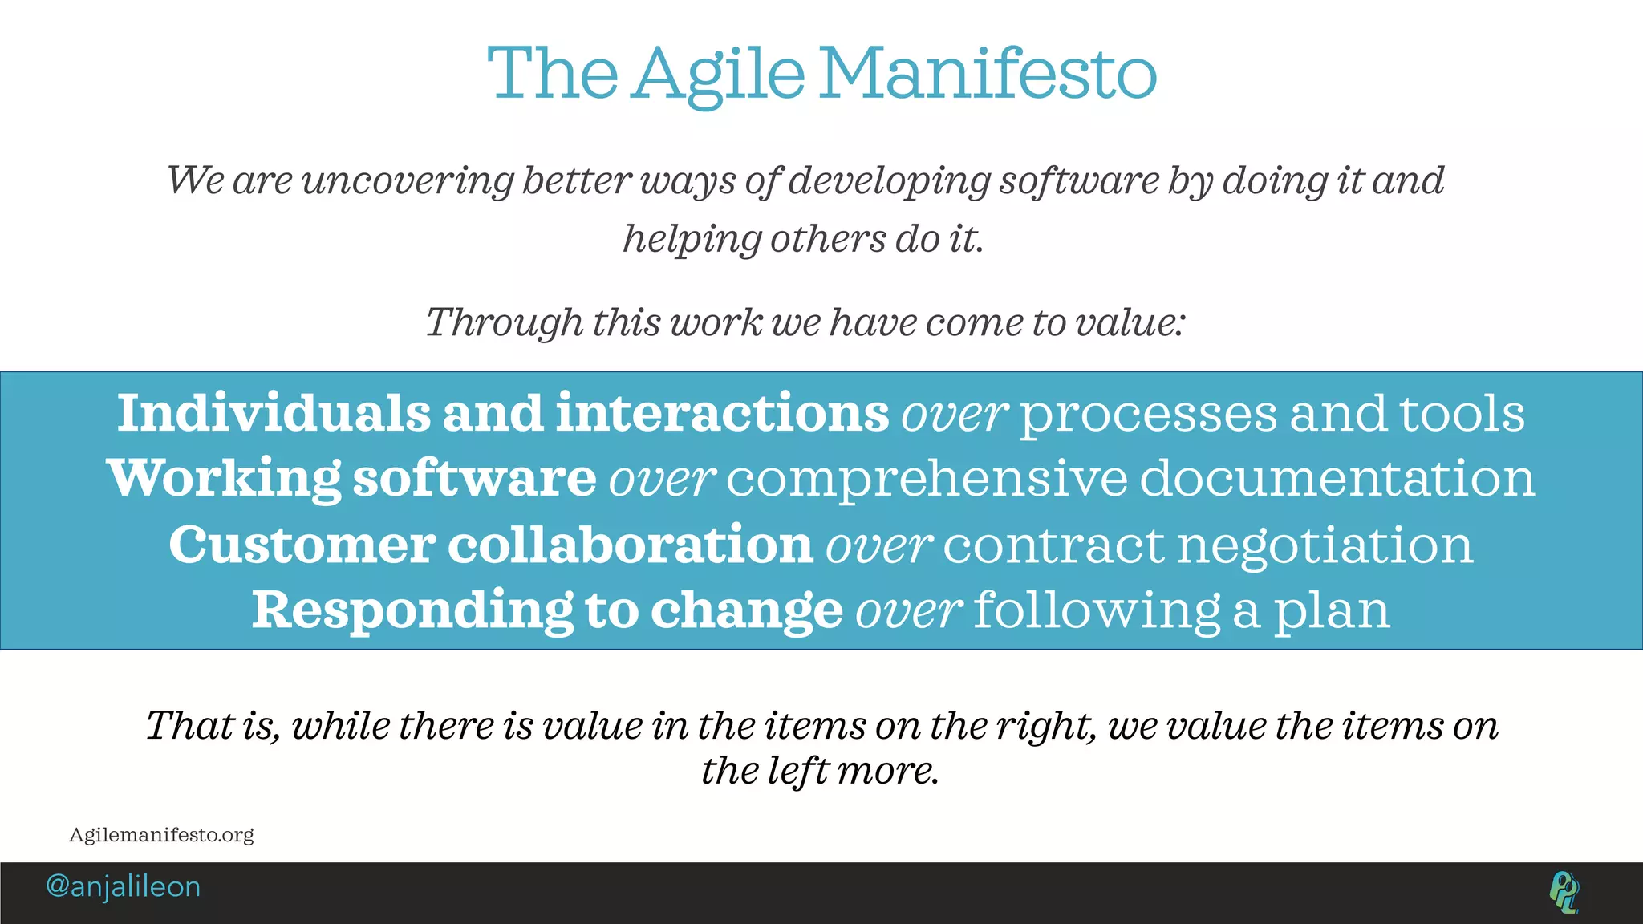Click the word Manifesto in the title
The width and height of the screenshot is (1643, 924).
(x=988, y=74)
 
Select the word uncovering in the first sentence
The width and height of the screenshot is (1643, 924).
(x=408, y=180)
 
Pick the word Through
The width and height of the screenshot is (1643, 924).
(x=504, y=323)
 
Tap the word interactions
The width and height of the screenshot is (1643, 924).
(x=722, y=413)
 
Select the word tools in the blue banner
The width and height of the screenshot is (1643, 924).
(x=1462, y=413)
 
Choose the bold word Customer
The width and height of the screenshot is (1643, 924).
(x=302, y=545)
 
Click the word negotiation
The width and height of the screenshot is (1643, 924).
(x=1325, y=546)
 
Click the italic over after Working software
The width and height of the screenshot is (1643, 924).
(x=662, y=480)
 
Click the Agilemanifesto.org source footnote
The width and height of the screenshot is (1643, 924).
(x=161, y=835)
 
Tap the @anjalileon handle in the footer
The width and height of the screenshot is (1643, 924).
(x=124, y=886)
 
